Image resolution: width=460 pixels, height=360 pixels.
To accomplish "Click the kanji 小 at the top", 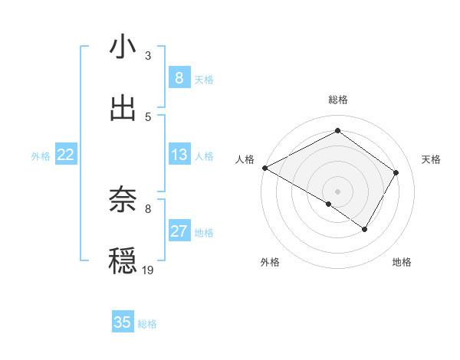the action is click(123, 47).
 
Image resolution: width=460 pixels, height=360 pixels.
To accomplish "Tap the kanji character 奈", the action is click(123, 200).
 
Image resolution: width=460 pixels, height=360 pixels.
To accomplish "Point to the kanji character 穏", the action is click(123, 260).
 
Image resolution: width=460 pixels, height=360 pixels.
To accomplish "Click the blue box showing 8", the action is click(179, 77).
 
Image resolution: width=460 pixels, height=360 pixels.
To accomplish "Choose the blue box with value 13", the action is click(179, 155).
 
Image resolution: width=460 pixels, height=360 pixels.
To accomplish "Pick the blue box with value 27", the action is click(179, 232).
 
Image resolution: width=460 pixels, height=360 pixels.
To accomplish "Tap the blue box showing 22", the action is click(66, 155).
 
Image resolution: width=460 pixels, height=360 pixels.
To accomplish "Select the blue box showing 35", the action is click(123, 322).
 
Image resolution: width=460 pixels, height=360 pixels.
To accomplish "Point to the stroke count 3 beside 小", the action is click(148, 56).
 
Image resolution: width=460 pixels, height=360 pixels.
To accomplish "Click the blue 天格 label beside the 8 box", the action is click(204, 79).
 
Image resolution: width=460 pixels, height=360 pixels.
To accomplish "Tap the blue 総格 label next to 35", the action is click(147, 324).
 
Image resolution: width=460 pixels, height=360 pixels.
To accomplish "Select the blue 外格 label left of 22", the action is click(41, 156).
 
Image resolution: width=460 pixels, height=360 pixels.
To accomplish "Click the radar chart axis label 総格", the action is click(337, 100).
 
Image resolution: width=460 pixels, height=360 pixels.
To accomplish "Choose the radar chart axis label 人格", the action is click(245, 159).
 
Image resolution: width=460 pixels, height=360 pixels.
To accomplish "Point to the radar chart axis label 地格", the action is click(402, 263).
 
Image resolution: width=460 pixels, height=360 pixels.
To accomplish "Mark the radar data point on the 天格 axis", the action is click(396, 172).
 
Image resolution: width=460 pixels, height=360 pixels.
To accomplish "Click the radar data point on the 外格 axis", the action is click(329, 204).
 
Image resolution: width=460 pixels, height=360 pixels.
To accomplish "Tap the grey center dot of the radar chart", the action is click(337, 191).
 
